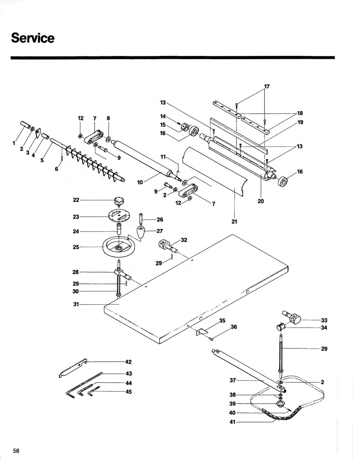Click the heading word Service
(x=33, y=38)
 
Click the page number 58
(x=16, y=451)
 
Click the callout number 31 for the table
(x=76, y=304)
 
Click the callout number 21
(x=234, y=221)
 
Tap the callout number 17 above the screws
(x=267, y=87)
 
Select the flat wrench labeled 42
(x=72, y=368)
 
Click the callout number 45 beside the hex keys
(x=129, y=392)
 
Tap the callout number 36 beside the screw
(x=234, y=327)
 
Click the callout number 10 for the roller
(x=140, y=182)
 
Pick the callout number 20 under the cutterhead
(x=260, y=201)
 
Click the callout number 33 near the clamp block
(x=324, y=320)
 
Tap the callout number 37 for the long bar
(x=233, y=380)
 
